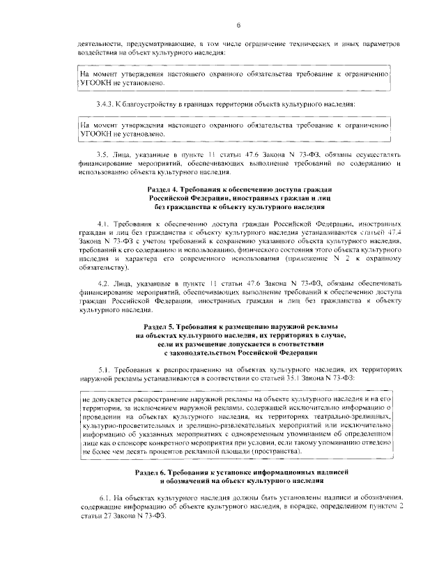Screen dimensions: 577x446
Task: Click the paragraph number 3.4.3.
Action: coord(107,104)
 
